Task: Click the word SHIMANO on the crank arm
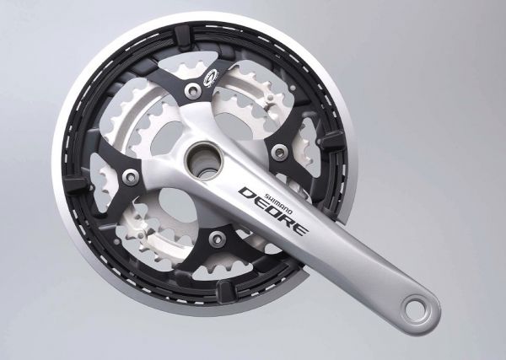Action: tap(278, 204)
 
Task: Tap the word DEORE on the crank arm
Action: tap(273, 211)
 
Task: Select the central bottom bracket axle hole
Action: tap(204, 160)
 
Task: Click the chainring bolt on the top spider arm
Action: tap(194, 90)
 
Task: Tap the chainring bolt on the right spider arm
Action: tap(279, 152)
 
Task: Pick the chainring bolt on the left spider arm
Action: tap(131, 175)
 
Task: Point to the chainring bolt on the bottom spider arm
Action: tap(217, 239)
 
